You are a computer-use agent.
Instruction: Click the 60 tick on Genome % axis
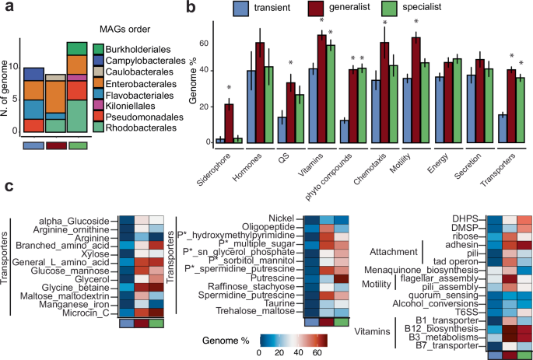[183, 42]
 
